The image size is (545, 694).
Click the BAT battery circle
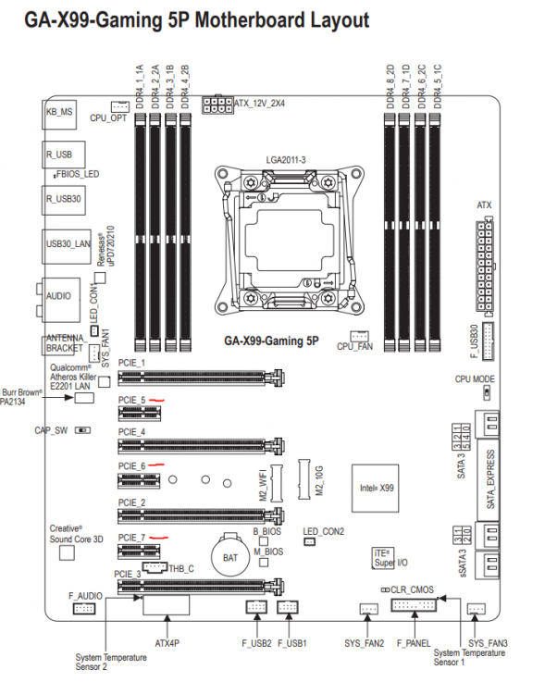[x=229, y=557]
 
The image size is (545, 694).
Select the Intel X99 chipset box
[x=375, y=489]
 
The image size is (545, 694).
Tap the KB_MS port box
[x=59, y=112]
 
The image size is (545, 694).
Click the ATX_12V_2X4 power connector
[x=217, y=105]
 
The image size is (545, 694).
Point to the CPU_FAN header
[x=359, y=336]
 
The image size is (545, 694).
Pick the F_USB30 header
[x=488, y=341]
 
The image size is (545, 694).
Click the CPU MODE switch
[x=487, y=392]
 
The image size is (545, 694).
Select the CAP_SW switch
[x=82, y=430]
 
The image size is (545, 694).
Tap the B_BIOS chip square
[x=264, y=541]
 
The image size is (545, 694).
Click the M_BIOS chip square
[x=264, y=562]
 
